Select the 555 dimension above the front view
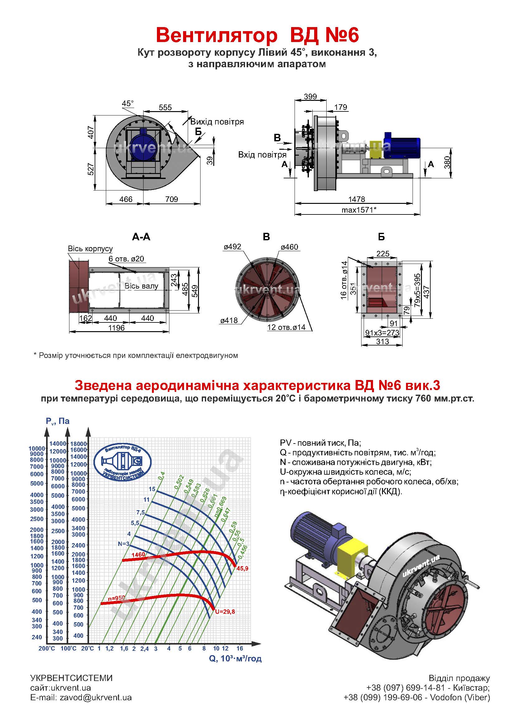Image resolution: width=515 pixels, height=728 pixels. [x=165, y=107]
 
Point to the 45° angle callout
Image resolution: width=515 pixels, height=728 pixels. [x=128, y=104]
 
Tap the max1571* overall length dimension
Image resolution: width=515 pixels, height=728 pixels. [x=359, y=209]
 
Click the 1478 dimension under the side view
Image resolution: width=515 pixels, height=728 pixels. [x=357, y=199]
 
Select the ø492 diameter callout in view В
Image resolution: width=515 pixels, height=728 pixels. [x=233, y=247]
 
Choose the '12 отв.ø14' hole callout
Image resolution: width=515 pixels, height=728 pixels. [x=286, y=327]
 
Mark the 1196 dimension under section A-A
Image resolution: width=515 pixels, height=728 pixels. [x=116, y=327]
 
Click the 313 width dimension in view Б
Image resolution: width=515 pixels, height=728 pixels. [x=382, y=341]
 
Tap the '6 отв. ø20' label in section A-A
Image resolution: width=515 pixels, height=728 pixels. [x=126, y=259]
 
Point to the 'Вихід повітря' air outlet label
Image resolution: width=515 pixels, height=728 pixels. [x=217, y=122]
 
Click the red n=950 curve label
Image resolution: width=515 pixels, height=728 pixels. [x=116, y=598]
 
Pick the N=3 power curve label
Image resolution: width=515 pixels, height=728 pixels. [x=124, y=544]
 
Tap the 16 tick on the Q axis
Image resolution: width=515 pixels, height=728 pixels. [x=240, y=648]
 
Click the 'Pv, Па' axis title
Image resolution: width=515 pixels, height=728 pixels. [x=57, y=421]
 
